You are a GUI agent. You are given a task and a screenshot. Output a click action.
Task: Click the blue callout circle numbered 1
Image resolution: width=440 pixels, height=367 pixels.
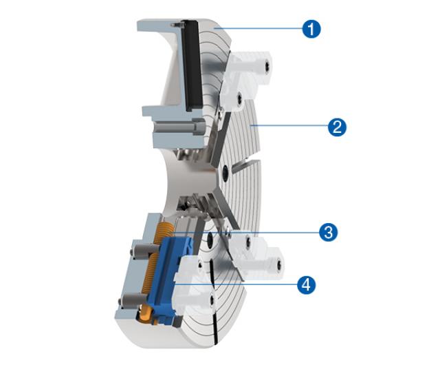(x=311, y=29)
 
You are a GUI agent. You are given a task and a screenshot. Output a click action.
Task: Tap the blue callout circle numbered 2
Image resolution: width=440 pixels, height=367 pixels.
(x=337, y=127)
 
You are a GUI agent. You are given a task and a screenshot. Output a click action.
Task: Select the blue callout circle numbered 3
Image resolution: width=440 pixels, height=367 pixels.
(x=329, y=233)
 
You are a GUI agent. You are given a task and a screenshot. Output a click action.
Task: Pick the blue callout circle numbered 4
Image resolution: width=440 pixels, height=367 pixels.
(x=307, y=285)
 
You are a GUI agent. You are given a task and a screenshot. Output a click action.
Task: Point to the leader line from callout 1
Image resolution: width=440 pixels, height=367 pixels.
(x=259, y=28)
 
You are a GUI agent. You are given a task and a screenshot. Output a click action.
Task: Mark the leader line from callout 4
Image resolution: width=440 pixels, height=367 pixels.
(x=236, y=284)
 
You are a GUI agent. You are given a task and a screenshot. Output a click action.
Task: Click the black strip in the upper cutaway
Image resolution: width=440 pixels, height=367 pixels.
(x=192, y=65)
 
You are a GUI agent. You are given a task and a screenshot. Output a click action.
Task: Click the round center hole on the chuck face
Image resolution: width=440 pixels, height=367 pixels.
(x=225, y=171)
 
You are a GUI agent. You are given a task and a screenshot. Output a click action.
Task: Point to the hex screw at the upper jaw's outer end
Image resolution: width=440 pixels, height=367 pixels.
(x=267, y=67)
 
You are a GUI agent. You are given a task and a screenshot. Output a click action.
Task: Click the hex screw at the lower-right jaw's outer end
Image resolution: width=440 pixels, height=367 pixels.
(x=278, y=265)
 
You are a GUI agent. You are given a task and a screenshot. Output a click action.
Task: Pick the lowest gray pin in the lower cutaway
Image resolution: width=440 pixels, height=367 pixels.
(x=133, y=302)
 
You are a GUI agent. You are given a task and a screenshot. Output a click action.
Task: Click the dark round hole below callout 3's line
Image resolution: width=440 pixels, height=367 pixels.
(x=209, y=241)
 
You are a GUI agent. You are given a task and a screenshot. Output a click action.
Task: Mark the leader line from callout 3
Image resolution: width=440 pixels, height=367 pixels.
(x=246, y=233)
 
